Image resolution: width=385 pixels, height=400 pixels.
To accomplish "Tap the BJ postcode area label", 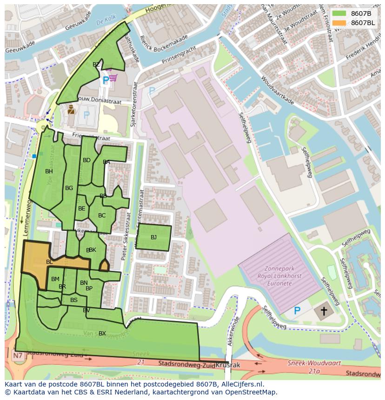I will [153, 237].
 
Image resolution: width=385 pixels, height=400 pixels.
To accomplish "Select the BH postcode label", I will [49, 171].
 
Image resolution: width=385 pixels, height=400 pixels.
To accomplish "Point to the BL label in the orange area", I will [49, 262].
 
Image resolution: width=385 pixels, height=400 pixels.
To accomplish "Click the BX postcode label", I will [102, 334].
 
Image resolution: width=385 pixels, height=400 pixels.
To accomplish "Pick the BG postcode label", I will [69, 188].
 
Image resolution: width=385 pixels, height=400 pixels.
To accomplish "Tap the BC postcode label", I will [102, 216].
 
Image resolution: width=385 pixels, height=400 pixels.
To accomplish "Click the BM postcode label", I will [55, 279].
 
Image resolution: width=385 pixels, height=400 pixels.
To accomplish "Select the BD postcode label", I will [86, 160].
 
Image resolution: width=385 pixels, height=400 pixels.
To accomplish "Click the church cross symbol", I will [324, 311].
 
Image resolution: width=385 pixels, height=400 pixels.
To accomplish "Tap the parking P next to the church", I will [297, 310].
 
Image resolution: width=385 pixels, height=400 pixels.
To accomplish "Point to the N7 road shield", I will [18, 356].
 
